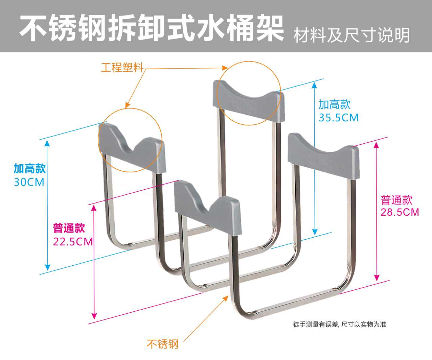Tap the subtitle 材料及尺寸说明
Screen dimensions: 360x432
click(351, 35)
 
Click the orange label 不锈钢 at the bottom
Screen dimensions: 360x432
click(162, 344)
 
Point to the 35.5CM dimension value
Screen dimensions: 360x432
click(339, 118)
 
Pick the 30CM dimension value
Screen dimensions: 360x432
click(29, 182)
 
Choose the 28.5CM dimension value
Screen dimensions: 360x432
click(400, 212)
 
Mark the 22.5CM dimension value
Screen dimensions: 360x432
click(73, 242)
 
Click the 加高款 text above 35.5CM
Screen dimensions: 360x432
click(334, 104)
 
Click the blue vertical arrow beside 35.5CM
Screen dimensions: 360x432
click(315, 159)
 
